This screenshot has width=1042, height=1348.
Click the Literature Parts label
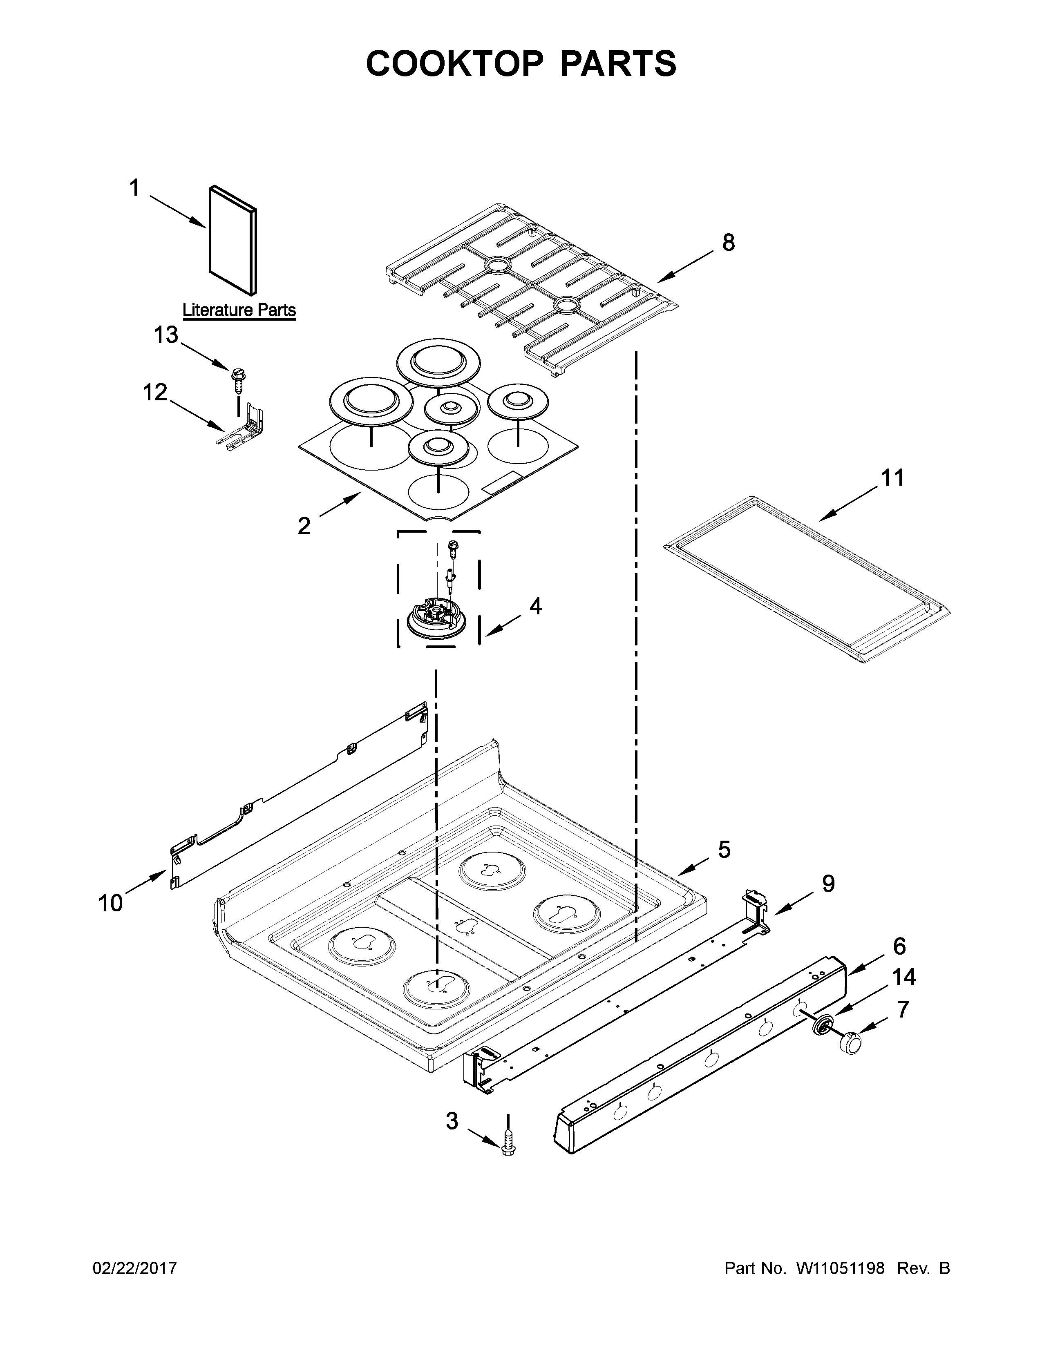[239, 310]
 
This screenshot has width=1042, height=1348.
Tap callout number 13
[165, 335]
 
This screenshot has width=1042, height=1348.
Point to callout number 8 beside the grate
[729, 243]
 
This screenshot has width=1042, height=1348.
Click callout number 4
[535, 606]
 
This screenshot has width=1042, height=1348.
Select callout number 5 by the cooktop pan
[724, 849]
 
